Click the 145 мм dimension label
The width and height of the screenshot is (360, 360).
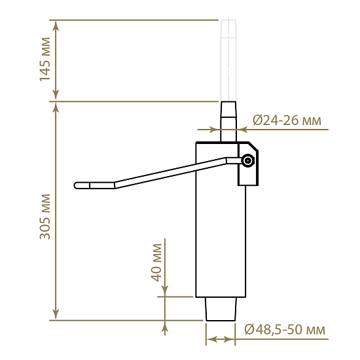[45, 60]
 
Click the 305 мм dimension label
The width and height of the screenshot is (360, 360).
[45, 217]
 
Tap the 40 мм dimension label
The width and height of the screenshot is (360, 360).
[156, 262]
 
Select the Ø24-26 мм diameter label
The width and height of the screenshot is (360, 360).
[287, 120]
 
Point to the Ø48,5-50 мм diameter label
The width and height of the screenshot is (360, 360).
[285, 330]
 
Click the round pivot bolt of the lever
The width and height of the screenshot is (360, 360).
[247, 160]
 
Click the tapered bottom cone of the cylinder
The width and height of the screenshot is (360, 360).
[221, 309]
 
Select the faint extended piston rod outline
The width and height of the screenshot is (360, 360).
[228, 61]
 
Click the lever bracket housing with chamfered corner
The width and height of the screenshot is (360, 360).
[248, 164]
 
